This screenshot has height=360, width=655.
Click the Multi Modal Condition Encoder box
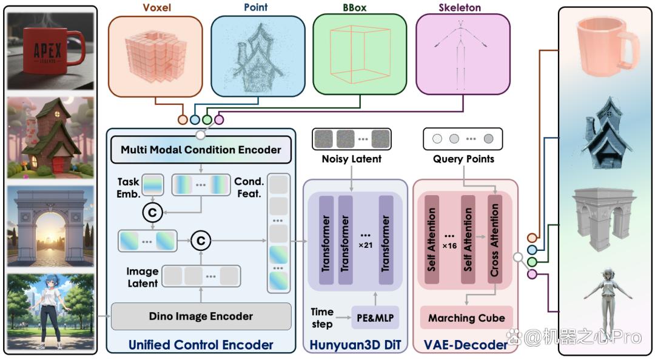click(x=201, y=150)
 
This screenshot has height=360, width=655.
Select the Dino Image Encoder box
click(x=201, y=316)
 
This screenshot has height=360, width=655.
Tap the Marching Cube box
click(x=466, y=318)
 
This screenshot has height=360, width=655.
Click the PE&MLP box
click(x=375, y=318)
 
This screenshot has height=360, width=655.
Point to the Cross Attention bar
click(x=495, y=240)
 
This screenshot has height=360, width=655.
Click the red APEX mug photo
click(x=50, y=51)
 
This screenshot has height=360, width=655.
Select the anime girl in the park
click(x=50, y=312)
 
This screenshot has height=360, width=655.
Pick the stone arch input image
click(x=50, y=226)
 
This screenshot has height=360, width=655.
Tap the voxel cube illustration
click(x=155, y=57)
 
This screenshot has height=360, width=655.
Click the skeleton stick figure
click(x=460, y=55)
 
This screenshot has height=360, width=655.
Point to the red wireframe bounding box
click(x=360, y=55)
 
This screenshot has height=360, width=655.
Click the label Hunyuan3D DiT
click(x=355, y=345)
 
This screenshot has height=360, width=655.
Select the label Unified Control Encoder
click(x=201, y=345)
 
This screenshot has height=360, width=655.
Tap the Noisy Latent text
click(x=352, y=159)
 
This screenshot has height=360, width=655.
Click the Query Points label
click(x=463, y=159)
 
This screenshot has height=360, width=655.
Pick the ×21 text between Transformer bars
click(x=366, y=245)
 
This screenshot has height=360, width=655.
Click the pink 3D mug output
click(x=607, y=47)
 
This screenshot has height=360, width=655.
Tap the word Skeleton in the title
click(x=460, y=7)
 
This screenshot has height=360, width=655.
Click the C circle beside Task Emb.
click(x=152, y=213)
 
